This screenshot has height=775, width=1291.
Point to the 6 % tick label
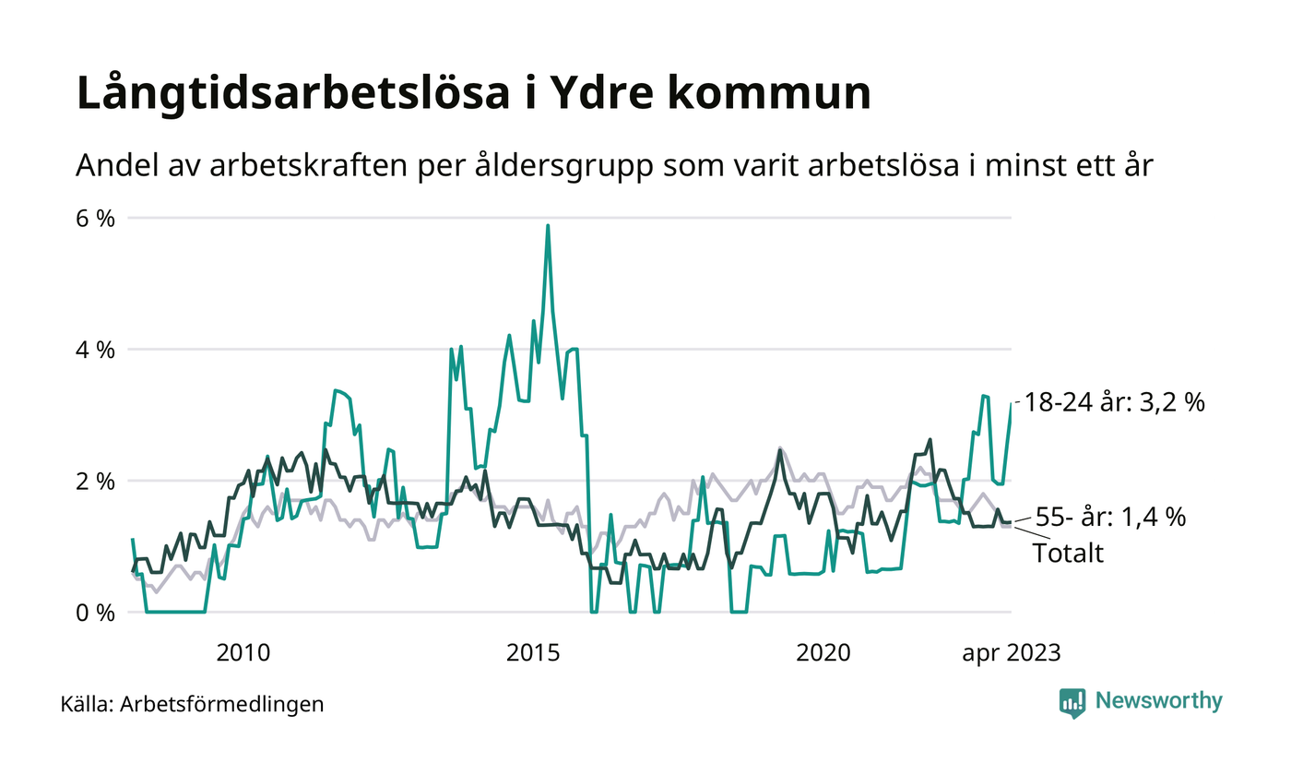click(x=95, y=219)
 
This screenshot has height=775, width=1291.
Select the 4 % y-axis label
click(x=95, y=351)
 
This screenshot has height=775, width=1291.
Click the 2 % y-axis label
click(x=95, y=482)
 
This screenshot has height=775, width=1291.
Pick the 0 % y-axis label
click(x=95, y=613)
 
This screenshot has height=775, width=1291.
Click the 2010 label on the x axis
click(x=243, y=653)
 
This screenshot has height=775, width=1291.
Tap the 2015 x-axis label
click(x=534, y=653)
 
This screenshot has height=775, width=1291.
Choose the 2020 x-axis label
click(x=823, y=653)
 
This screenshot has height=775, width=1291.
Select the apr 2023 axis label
click(x=1012, y=653)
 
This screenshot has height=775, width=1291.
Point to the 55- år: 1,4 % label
click(x=1110, y=517)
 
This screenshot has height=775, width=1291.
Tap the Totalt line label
click(x=1068, y=554)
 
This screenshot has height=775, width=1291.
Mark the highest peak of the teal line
click(x=548, y=225)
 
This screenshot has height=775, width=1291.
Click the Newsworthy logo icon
click(x=1072, y=702)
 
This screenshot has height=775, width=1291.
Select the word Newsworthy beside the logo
click(x=1158, y=701)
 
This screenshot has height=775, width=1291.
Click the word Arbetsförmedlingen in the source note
click(x=222, y=705)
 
